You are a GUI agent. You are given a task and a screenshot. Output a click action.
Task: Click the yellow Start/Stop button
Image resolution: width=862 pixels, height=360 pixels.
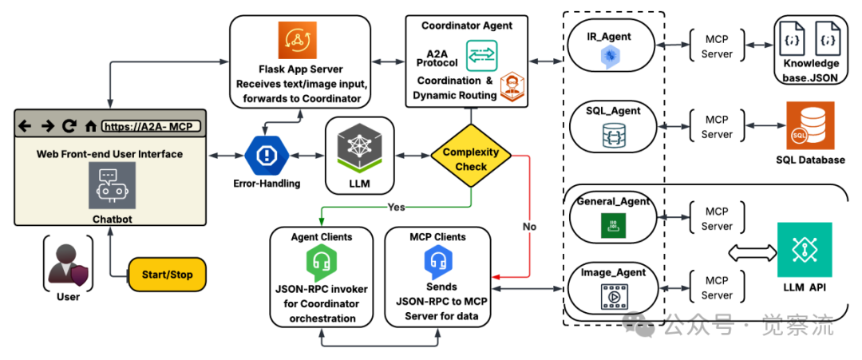166,275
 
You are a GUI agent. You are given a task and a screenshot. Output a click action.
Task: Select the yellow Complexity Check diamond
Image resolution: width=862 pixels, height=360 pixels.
471,159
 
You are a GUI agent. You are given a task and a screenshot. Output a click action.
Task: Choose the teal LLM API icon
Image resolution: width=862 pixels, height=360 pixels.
805,250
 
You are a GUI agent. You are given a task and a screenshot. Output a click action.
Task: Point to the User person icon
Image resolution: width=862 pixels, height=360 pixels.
68,264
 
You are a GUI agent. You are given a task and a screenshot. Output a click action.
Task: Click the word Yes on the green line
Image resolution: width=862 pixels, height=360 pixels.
397,207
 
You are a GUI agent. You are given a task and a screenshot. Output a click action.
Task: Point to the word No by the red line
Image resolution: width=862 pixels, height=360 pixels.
530,227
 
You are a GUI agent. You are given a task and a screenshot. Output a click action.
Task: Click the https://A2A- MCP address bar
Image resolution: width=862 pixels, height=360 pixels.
151,125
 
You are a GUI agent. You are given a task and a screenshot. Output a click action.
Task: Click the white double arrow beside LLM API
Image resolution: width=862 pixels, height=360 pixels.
752,254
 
